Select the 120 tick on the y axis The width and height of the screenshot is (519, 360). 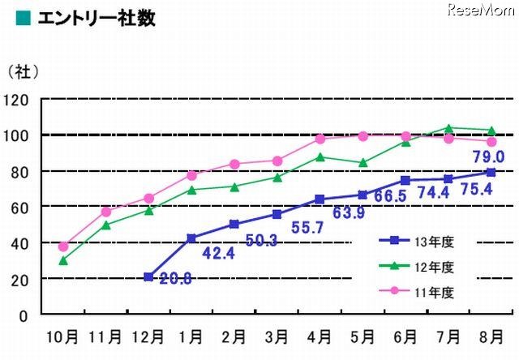[x=17, y=100]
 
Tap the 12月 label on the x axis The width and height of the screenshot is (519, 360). [x=147, y=334]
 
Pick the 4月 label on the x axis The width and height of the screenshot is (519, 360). [x=320, y=334]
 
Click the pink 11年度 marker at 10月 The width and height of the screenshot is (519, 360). [x=63, y=246]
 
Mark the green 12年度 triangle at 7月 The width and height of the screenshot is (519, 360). [x=449, y=128]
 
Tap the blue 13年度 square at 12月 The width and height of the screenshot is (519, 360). [x=148, y=276]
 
